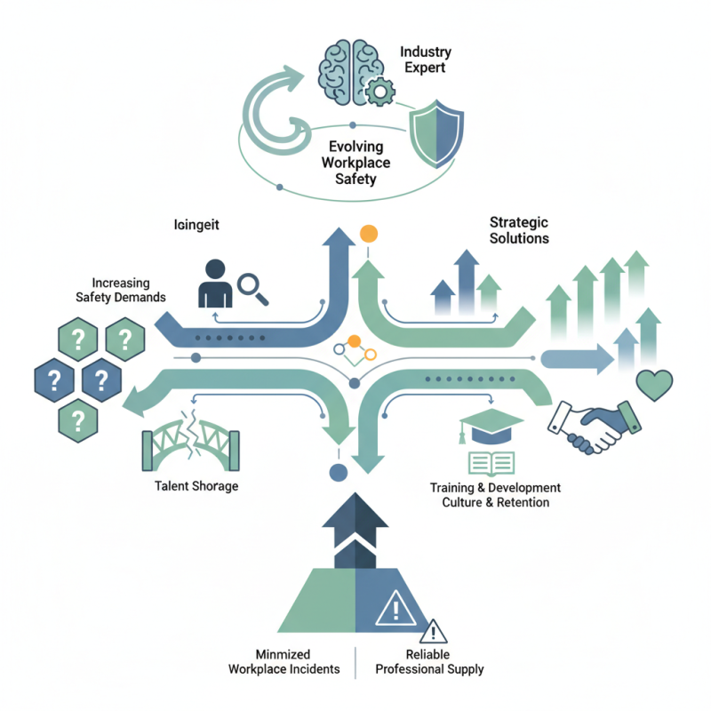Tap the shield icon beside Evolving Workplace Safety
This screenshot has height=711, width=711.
click(435, 136)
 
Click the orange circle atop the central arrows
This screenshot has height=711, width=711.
click(367, 235)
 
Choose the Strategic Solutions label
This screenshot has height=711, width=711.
click(519, 229)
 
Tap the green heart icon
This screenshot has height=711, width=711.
click(655, 385)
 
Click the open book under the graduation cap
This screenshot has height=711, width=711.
click(491, 463)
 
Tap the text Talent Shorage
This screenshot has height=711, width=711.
click(196, 486)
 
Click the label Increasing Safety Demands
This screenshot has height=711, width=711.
click(120, 290)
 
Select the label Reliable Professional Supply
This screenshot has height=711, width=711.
click(430, 661)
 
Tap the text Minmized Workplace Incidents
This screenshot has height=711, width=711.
click(284, 661)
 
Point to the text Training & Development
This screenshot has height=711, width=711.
click(495, 488)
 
